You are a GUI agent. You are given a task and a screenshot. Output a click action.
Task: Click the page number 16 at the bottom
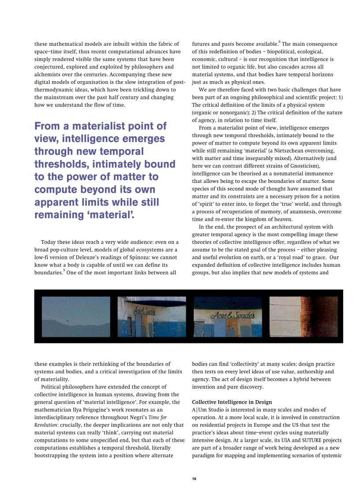(x=194, y=479)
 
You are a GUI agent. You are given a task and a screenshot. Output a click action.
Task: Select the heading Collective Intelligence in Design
(x=232, y=402)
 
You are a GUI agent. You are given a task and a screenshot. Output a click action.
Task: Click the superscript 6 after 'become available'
(x=279, y=42)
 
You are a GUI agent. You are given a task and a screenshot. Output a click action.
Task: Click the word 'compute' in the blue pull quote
(x=56, y=190)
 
